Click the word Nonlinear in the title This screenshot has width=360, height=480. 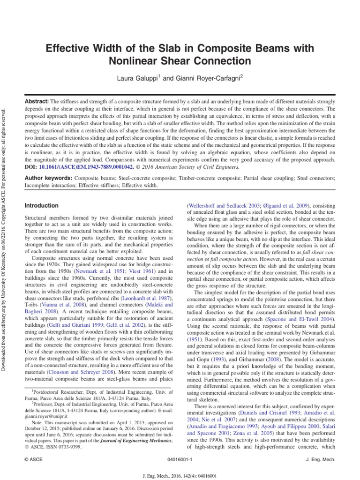(134, 61)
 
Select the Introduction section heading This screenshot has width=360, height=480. (41, 205)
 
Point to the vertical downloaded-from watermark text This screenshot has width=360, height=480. (4, 225)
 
